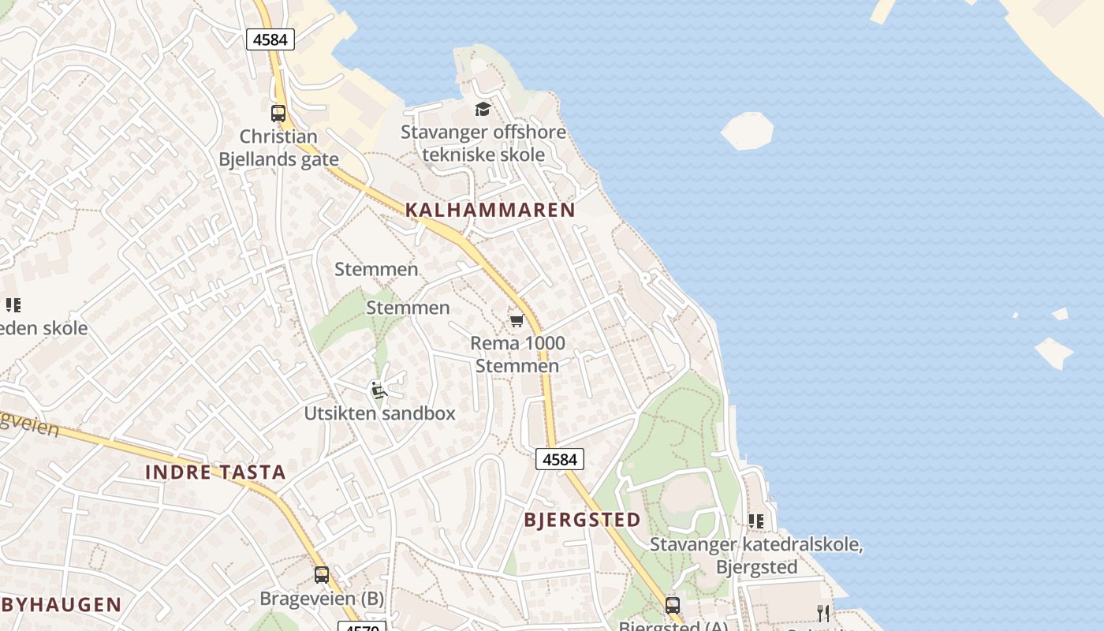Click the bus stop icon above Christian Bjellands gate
[x=278, y=113]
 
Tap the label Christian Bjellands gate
[x=278, y=147]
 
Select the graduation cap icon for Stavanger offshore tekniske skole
[x=483, y=109]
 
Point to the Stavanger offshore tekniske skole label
[x=483, y=143]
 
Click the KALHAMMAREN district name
[x=490, y=210]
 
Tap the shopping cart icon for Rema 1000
[x=517, y=319]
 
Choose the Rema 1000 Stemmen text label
[x=517, y=354]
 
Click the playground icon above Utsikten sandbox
[x=379, y=389]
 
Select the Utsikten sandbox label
[x=379, y=413]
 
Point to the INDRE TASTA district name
[x=215, y=472]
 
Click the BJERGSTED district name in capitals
[x=583, y=520]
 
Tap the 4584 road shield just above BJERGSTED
[x=560, y=459]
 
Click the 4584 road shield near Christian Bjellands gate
[x=270, y=39]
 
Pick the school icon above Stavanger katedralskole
[x=756, y=521]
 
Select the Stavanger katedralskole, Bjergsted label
[x=756, y=555]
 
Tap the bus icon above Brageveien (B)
[x=321, y=574]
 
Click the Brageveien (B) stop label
[x=322, y=599]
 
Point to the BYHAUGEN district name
[x=62, y=605]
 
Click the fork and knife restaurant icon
[x=823, y=613]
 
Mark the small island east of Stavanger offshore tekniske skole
[x=747, y=130]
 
